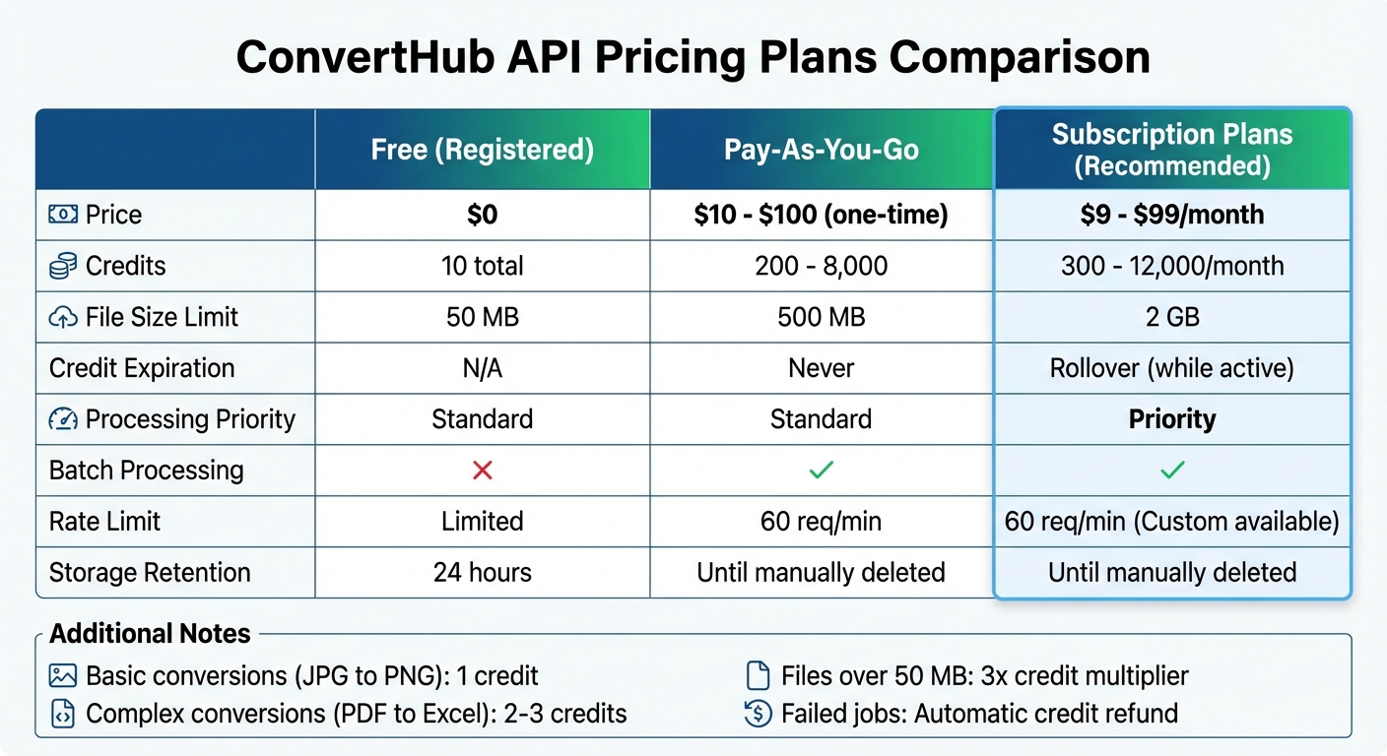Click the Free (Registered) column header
click(x=482, y=150)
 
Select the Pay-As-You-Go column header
click(x=821, y=150)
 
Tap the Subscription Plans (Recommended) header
click(x=1171, y=149)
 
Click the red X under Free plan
click(x=482, y=471)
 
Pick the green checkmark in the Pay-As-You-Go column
click(x=821, y=471)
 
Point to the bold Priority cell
click(x=1171, y=419)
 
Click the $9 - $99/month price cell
click(x=1171, y=215)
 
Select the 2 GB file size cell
click(x=1171, y=317)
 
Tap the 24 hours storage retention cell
click(x=482, y=573)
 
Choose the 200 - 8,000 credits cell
click(x=821, y=266)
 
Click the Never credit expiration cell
click(x=821, y=368)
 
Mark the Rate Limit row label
click(x=104, y=522)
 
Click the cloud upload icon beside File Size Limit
click(x=63, y=317)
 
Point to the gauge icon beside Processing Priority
click(x=63, y=419)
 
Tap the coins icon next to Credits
click(x=63, y=266)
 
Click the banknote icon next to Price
click(x=63, y=215)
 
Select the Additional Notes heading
click(x=150, y=634)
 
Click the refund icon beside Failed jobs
click(x=758, y=714)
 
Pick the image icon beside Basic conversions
click(x=63, y=676)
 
